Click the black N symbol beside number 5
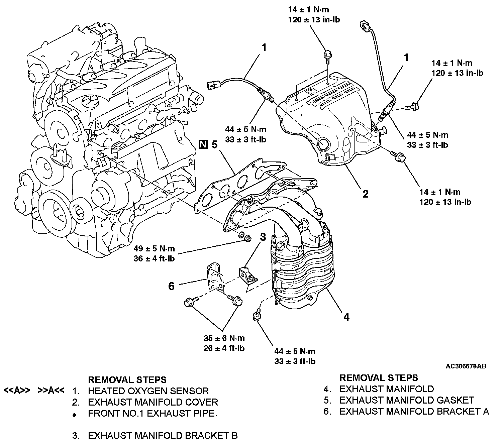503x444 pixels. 203,144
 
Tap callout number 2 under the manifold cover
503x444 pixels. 365,194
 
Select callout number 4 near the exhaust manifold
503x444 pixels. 346,317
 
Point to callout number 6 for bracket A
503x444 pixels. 171,286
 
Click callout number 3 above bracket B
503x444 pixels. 263,237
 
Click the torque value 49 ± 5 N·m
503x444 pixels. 155,249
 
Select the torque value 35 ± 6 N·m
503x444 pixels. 224,338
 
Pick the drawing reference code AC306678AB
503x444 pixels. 466,366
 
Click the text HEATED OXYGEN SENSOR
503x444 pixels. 148,391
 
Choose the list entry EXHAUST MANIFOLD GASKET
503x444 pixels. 406,400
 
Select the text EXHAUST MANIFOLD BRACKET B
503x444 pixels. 163,436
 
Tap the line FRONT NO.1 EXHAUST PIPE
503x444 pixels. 153,413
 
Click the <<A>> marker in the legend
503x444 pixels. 17,390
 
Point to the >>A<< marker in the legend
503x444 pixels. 51,390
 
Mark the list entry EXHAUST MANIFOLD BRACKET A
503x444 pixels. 414,411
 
